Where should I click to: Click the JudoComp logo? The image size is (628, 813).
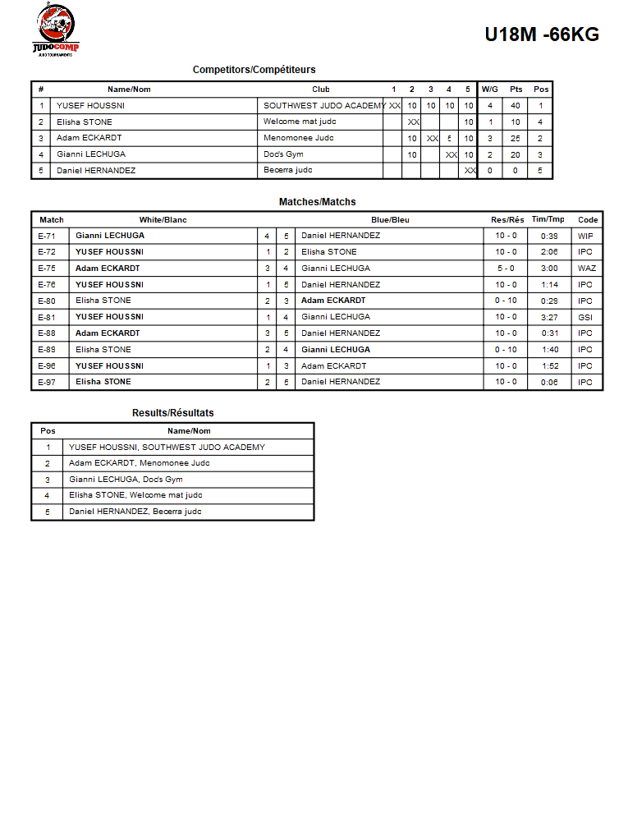[x=56, y=30]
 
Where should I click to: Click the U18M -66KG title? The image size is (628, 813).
[x=541, y=34]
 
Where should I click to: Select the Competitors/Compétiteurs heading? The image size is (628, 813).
[x=254, y=70]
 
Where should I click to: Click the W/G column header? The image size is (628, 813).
[x=490, y=90]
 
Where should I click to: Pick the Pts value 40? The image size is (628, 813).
[x=516, y=106]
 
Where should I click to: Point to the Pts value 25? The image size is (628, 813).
[x=516, y=139]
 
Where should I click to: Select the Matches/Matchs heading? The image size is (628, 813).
[x=317, y=202]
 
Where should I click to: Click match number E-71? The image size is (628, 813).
[x=48, y=236]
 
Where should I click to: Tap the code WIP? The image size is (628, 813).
[x=585, y=236]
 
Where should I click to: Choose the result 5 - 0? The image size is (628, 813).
[x=506, y=269]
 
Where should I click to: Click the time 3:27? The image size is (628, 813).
[x=549, y=317]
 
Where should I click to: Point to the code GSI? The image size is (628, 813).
[x=585, y=317]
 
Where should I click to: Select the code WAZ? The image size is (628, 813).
[x=586, y=269]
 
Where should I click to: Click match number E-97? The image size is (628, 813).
[x=48, y=382]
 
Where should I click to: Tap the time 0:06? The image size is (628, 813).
[x=549, y=382]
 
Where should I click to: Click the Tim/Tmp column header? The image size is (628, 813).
[x=548, y=220]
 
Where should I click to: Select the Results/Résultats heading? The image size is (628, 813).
[x=172, y=413]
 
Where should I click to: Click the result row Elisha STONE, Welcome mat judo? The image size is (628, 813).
[x=135, y=495]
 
